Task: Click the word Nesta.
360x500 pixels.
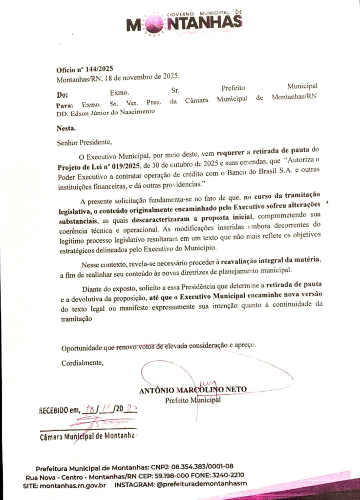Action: [x=66, y=129]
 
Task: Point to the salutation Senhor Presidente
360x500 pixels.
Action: [x=84, y=143]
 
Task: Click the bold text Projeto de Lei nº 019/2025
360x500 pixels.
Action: [x=97, y=166]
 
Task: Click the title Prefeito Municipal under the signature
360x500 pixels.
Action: [x=192, y=400]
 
